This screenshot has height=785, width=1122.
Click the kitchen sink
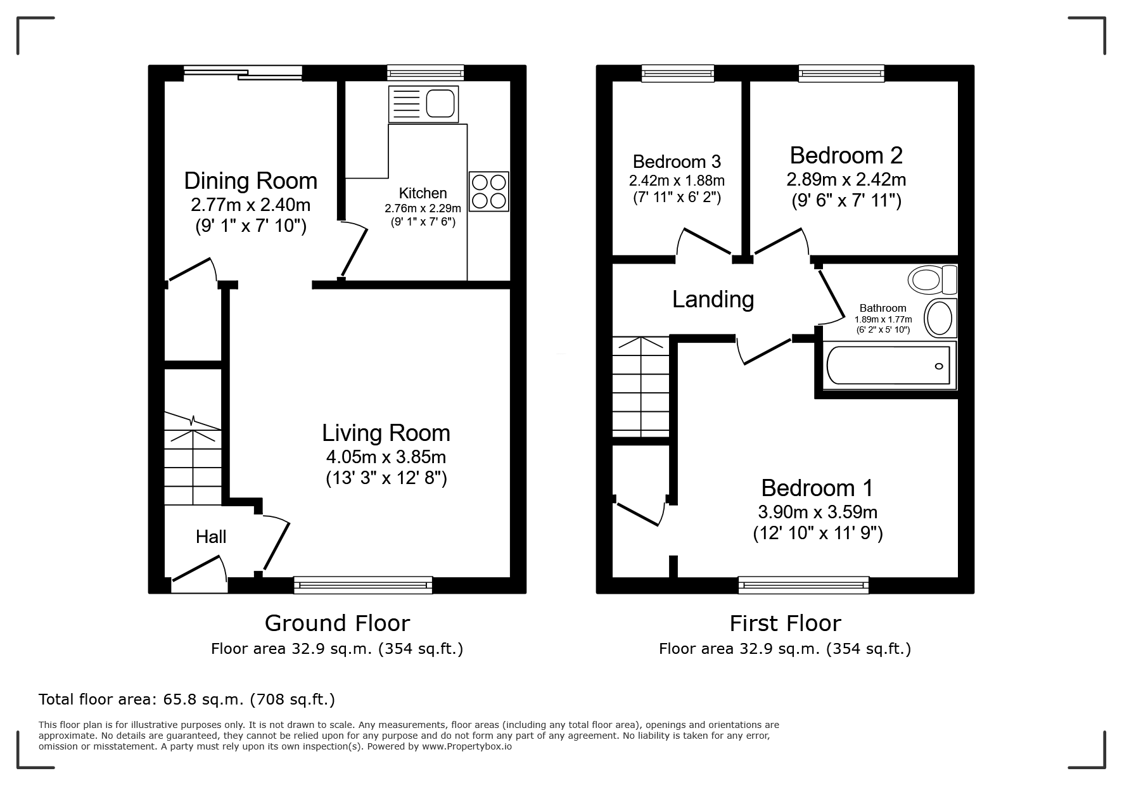point(423,104)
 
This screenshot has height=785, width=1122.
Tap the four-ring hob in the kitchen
point(489,191)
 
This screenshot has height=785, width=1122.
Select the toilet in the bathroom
point(933,279)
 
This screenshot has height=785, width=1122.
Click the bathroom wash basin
point(940,318)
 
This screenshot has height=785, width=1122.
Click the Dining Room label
point(251,181)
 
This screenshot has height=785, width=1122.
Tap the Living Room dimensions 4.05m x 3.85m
point(386,457)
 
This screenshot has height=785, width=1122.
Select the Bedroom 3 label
point(677,162)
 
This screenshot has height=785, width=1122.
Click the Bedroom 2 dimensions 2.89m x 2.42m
point(846,180)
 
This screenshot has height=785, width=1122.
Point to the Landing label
point(713,299)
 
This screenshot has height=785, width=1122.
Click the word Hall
point(211,537)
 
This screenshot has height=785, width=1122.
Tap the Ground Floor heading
point(337,623)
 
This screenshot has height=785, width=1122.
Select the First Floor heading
point(785,623)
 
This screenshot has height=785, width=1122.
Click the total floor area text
point(187,699)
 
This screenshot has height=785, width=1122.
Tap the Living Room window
point(363,585)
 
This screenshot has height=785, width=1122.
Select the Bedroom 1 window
point(804,585)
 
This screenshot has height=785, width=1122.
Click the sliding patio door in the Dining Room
point(243,73)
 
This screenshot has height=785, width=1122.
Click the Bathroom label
point(883,308)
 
